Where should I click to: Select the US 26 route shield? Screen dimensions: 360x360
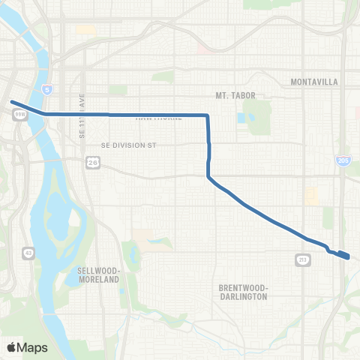click(x=91, y=161)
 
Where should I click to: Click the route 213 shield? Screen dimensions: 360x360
click(x=304, y=260)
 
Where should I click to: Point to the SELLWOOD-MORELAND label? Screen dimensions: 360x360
click(x=99, y=274)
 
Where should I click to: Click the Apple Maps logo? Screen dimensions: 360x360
click(x=27, y=347)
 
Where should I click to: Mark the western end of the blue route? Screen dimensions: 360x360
click(x=11, y=102)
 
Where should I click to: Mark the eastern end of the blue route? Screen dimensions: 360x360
click(x=348, y=257)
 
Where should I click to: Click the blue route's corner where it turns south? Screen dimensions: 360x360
click(x=208, y=116)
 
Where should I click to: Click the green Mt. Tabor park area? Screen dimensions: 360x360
click(x=259, y=116)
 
